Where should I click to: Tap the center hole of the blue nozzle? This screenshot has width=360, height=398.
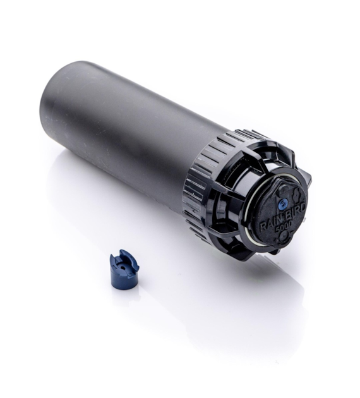(122, 267)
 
